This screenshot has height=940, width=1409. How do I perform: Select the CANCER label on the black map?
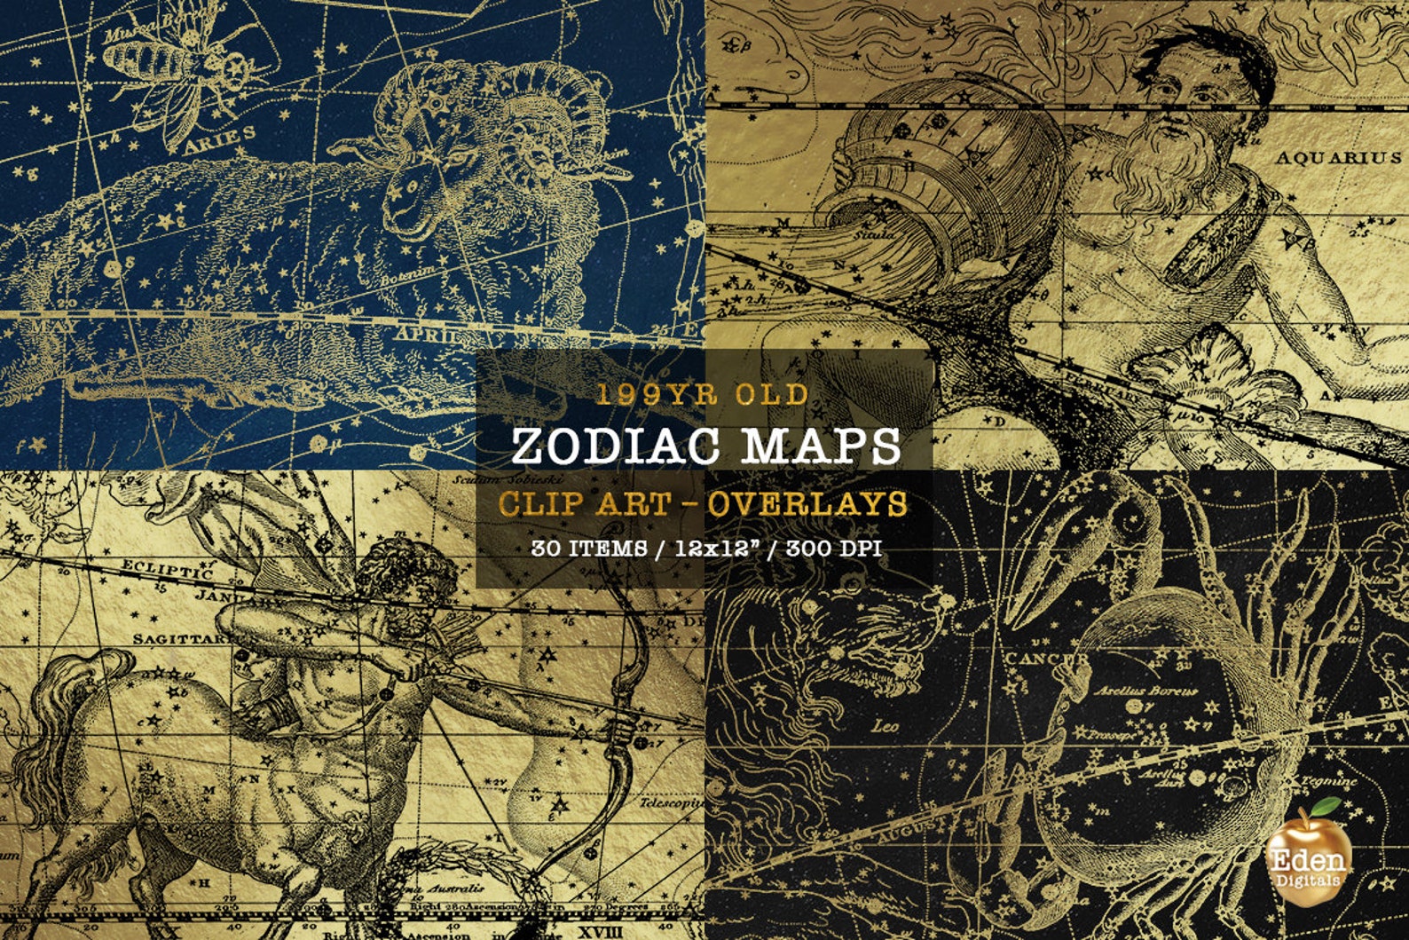tap(1045, 659)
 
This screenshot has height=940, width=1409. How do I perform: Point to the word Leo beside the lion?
tap(884, 727)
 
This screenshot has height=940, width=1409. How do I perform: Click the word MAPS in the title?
tap(822, 446)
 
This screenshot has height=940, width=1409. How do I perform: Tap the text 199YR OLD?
tap(703, 394)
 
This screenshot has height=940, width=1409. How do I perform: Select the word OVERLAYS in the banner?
tap(807, 503)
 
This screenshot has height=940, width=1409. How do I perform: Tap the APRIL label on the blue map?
tap(429, 335)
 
